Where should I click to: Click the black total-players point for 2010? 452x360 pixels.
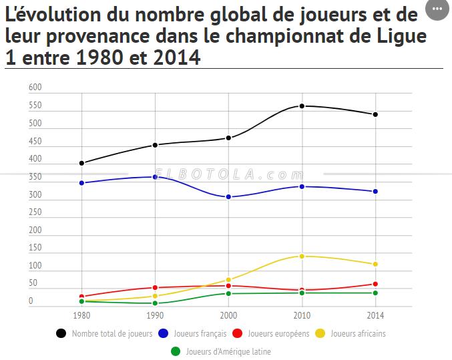tap(302, 106)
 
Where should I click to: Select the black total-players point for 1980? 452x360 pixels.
tap(81, 163)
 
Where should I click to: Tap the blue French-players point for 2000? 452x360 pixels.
tap(228, 197)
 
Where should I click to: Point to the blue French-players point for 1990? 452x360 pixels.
tap(155, 177)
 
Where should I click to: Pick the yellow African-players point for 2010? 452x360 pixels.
tap(302, 256)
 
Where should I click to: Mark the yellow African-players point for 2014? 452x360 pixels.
tap(375, 264)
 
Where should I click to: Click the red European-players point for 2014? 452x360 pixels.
tap(375, 284)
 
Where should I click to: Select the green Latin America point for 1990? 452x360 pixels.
tap(155, 303)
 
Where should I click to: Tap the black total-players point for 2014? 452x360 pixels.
tap(375, 114)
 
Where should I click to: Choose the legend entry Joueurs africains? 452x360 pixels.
tap(358, 333)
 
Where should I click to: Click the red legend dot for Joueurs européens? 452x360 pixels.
tap(238, 333)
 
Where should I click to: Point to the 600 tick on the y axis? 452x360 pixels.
tap(35, 87)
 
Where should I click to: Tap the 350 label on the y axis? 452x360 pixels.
tap(35, 177)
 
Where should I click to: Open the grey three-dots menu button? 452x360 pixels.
tap(437, 9)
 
